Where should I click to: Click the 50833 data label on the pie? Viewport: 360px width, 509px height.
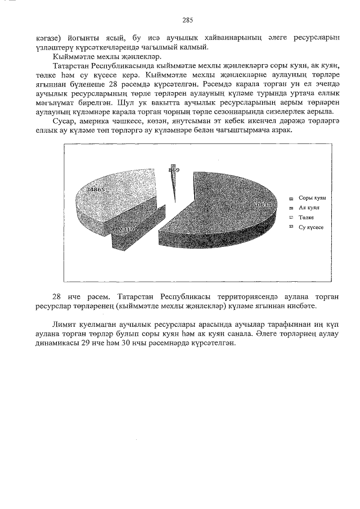[263, 205]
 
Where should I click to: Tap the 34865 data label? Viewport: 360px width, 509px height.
[94, 190]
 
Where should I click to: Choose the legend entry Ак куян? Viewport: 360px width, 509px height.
[309, 208]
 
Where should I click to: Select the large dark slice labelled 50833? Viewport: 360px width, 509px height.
[225, 214]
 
